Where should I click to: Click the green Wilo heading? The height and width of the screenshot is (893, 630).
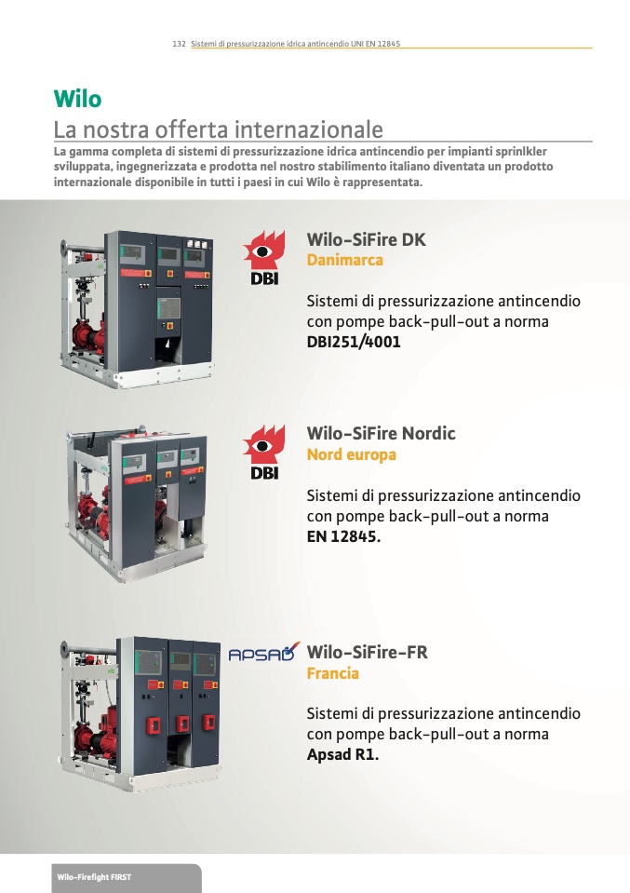point(77,99)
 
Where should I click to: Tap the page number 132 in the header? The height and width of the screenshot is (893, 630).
point(179,43)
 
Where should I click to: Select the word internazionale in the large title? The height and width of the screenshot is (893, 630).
point(308,129)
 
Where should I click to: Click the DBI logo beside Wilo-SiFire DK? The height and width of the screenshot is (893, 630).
point(263,257)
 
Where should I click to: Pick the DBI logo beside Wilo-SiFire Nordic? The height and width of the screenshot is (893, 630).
point(263,452)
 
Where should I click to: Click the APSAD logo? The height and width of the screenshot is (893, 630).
point(264,652)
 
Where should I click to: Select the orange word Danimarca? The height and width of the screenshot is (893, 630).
point(345,260)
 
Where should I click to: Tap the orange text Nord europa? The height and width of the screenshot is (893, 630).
point(351,454)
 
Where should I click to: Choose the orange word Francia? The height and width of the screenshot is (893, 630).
point(333,673)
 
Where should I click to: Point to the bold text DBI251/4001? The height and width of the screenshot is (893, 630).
point(354,342)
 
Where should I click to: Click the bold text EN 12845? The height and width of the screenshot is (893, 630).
point(343,536)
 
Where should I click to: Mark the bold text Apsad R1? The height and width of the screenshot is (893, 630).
point(342,754)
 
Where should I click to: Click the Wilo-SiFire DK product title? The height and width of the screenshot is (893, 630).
point(366,239)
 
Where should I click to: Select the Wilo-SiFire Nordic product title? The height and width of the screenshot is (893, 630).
point(381,433)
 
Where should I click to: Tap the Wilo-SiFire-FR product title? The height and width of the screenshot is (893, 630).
point(367,652)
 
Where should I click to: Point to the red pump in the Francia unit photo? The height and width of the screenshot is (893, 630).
point(97,736)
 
